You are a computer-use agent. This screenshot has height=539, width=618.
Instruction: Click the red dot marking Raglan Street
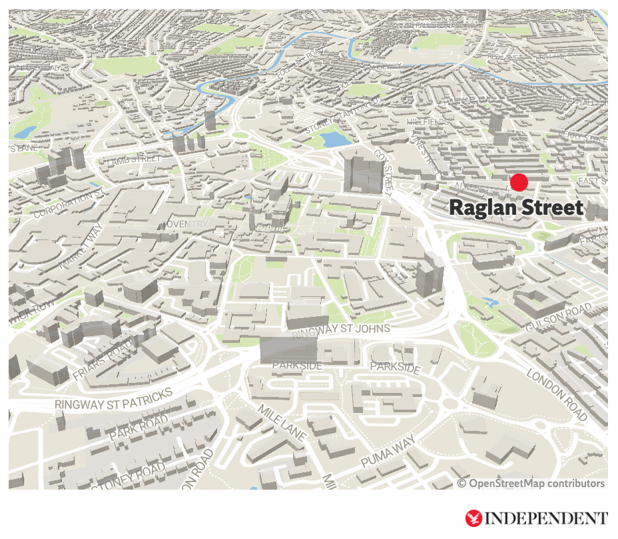point(519,182)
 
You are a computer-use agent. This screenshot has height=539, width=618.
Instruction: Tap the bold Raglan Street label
point(516,208)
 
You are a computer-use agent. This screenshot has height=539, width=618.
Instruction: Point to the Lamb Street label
point(134,161)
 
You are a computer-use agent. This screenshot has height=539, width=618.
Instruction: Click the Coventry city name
point(183,224)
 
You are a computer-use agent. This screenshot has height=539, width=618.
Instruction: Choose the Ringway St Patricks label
point(114,399)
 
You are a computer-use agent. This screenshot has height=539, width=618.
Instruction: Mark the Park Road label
point(139,427)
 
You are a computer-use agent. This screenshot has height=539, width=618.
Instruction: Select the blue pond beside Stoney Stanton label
point(331,139)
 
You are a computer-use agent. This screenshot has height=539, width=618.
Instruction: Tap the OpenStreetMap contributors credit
point(531,484)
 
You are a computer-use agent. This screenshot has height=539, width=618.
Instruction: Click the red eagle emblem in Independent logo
point(474,518)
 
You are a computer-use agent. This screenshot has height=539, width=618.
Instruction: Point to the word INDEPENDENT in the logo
point(546,518)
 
